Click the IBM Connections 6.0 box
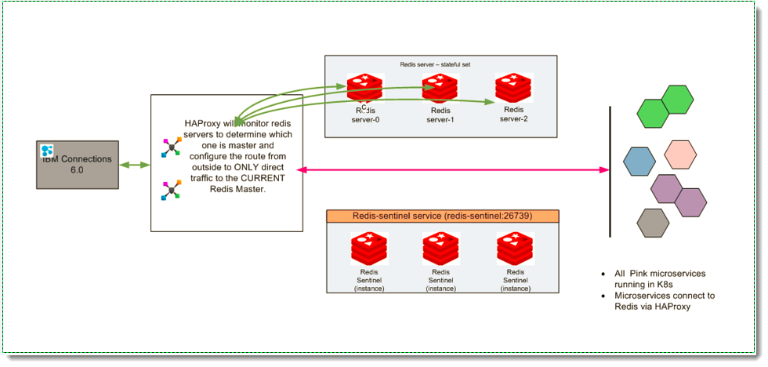78,165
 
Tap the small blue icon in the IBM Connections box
46,150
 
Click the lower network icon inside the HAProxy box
171,191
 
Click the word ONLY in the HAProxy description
266,168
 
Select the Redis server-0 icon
365,89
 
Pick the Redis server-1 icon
440,89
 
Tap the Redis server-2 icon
513,89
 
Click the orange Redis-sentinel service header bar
442,216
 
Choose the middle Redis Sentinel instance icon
440,249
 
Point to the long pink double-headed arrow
455,169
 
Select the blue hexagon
639,161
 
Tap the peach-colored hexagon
679,154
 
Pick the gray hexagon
652,223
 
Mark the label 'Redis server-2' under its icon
513,114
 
